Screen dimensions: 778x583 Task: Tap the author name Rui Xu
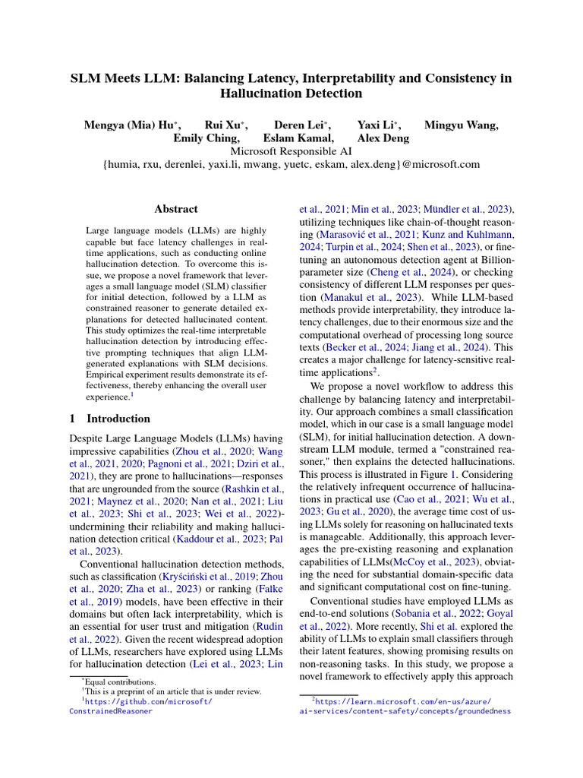pyautogui.click(x=225, y=125)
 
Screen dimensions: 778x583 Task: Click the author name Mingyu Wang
pyautogui.click(x=461, y=125)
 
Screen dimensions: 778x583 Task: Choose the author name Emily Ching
pyautogui.click(x=206, y=138)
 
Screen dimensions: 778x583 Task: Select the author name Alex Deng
pyautogui.click(x=383, y=138)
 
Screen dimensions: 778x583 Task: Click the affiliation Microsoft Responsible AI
pyautogui.click(x=291, y=150)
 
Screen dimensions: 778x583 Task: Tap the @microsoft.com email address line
pyautogui.click(x=291, y=163)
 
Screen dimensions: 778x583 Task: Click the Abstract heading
pyautogui.click(x=176, y=209)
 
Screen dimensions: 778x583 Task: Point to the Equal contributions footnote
pyautogui.click(x=113, y=682)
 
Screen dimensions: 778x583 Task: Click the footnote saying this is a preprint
pyautogui.click(x=172, y=691)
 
